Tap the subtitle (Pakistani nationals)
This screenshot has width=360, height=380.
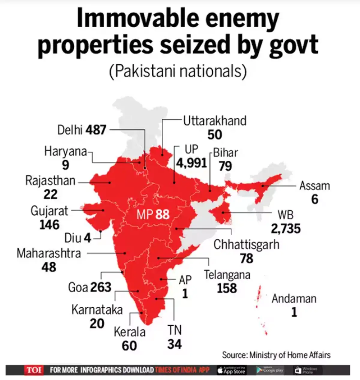(x=178, y=71)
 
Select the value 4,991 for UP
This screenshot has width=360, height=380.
(x=191, y=163)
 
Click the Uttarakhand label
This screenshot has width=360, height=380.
(x=215, y=121)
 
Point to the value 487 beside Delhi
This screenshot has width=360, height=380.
(x=96, y=130)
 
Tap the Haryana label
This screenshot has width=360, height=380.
(x=65, y=151)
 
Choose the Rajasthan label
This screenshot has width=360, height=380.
(x=50, y=181)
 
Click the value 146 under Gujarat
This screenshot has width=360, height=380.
(x=49, y=225)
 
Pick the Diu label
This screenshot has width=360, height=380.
(x=73, y=238)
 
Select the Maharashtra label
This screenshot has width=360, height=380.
(x=49, y=253)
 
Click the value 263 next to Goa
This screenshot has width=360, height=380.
(x=100, y=287)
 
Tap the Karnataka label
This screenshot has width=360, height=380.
(x=97, y=309)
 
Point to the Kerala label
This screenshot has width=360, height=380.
(x=130, y=332)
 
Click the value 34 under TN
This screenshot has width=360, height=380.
(x=174, y=344)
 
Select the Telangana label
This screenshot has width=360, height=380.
(x=227, y=275)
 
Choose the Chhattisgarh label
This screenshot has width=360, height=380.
(x=246, y=245)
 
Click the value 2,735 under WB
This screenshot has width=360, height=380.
(x=286, y=229)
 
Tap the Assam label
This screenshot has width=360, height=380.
(x=315, y=186)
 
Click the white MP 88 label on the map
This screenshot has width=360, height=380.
(x=153, y=215)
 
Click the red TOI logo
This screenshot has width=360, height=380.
(x=33, y=370)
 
